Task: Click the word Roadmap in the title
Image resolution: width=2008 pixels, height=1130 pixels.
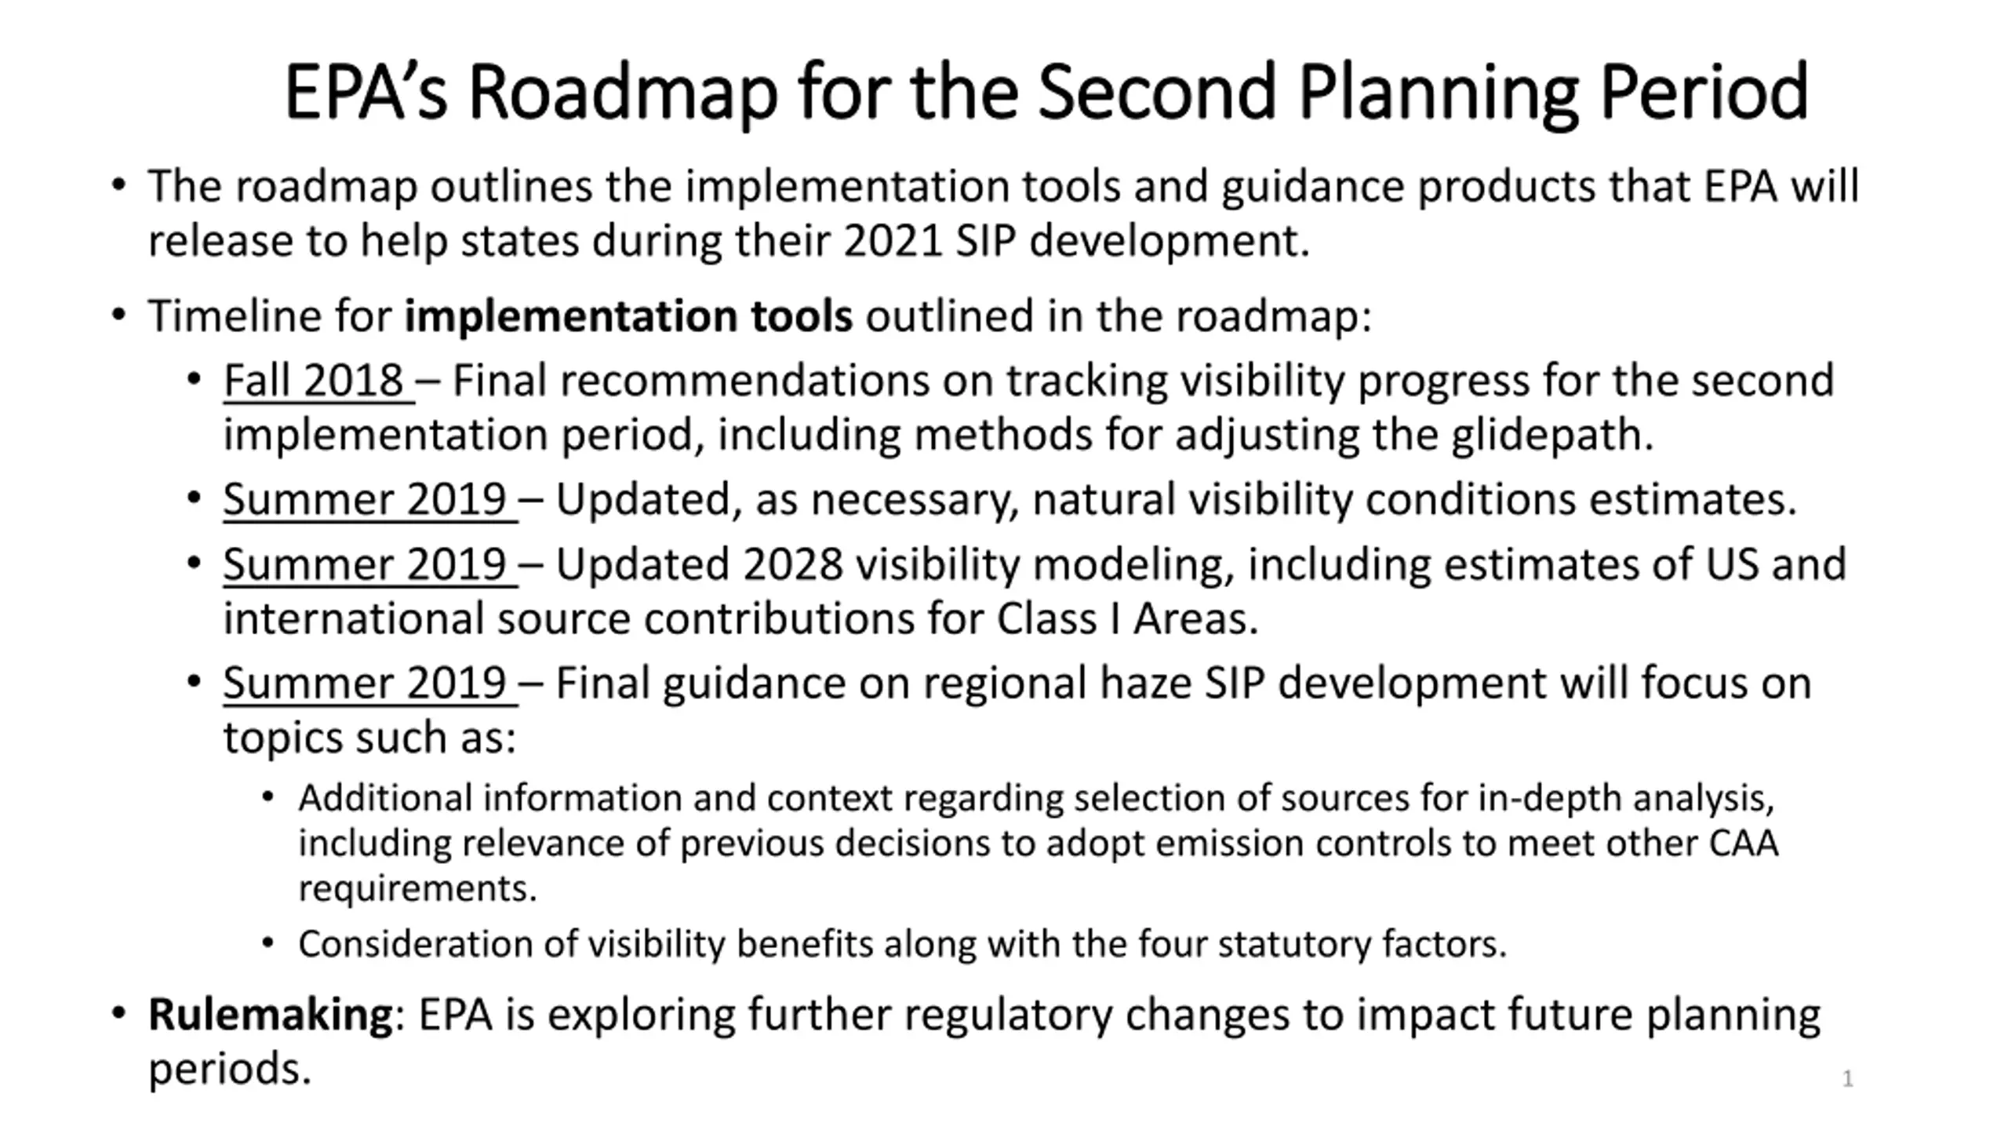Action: (x=623, y=93)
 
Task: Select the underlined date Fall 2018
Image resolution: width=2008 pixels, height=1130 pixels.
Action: (x=313, y=381)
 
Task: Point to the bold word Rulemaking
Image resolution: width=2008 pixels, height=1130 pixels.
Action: (x=271, y=1015)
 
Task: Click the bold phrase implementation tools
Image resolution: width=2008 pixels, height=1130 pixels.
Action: (x=628, y=316)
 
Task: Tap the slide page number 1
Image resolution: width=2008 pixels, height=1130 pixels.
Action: (x=1847, y=1079)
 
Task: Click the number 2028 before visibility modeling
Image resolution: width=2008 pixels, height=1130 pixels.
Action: (x=792, y=565)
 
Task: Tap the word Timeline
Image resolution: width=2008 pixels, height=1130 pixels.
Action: (x=235, y=316)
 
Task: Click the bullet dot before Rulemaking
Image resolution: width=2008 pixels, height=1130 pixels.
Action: (x=118, y=1014)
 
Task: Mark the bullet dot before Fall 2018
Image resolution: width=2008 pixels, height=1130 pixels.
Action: (x=195, y=381)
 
